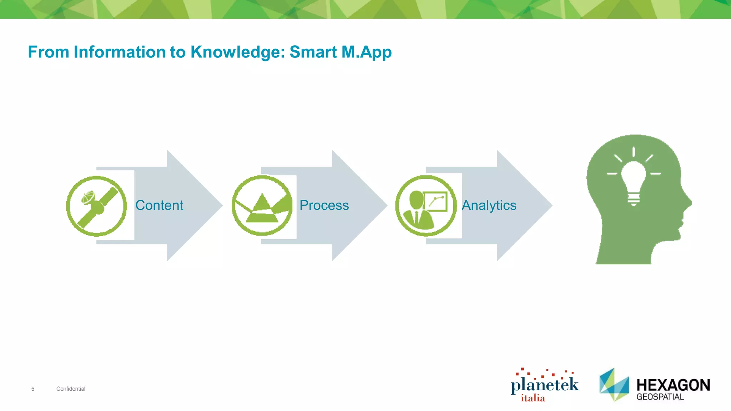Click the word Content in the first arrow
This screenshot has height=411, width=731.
[159, 205]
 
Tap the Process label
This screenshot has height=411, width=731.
[324, 205]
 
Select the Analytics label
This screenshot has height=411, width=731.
[489, 205]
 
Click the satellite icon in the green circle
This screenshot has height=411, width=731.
[97, 206]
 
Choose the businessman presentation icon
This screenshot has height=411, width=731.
[426, 206]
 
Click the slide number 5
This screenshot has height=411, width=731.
[33, 389]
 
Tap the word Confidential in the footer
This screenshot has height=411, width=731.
[71, 389]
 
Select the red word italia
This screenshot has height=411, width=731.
[533, 398]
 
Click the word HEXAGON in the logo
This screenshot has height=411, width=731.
[673, 385]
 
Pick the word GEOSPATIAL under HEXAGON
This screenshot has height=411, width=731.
[660, 397]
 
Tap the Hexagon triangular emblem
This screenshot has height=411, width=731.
[614, 385]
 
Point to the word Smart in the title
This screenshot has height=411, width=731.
[313, 52]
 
